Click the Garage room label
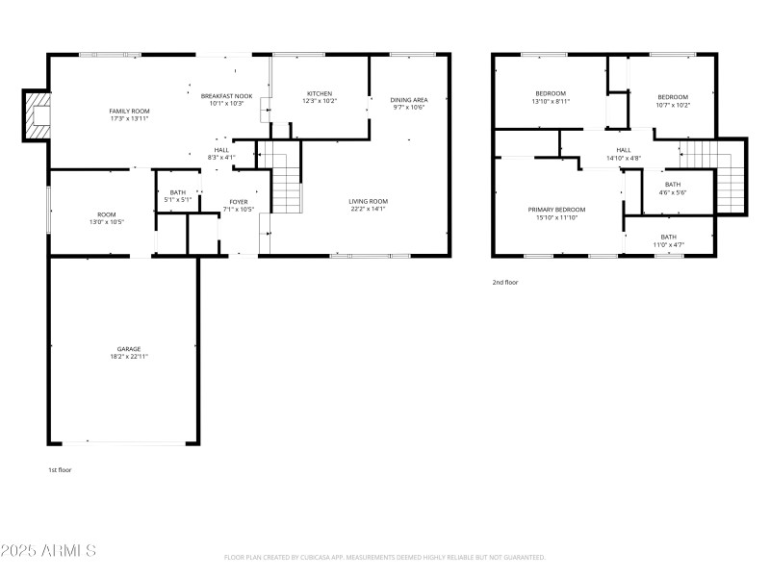tap(129, 349)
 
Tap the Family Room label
tap(129, 112)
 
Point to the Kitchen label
tap(320, 93)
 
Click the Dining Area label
tap(409, 100)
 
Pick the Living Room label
tap(369, 201)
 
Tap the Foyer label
tap(239, 202)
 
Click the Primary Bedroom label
tap(556, 209)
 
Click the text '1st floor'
tap(60, 470)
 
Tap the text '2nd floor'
tap(505, 283)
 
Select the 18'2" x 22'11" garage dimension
tap(129, 357)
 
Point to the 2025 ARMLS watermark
tap(48, 551)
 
